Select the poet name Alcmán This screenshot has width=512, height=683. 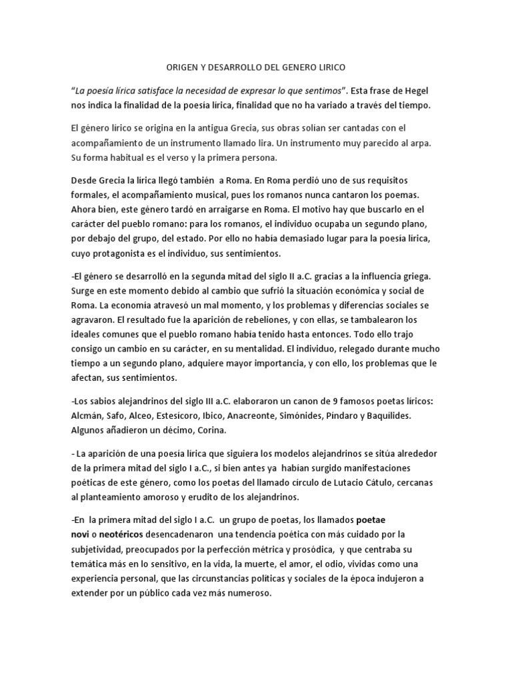tap(88, 416)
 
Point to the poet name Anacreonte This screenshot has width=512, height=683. tap(283, 416)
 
